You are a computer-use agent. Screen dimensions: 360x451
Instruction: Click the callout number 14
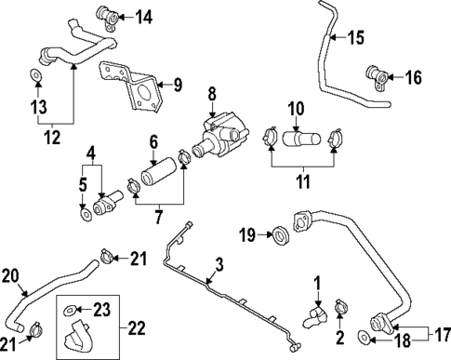[144, 16]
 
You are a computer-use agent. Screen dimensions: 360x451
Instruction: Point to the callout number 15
[357, 38]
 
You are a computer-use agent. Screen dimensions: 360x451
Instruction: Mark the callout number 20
[10, 274]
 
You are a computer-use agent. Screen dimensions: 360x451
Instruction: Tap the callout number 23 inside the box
[102, 306]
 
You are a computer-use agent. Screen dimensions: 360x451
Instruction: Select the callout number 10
[296, 110]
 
